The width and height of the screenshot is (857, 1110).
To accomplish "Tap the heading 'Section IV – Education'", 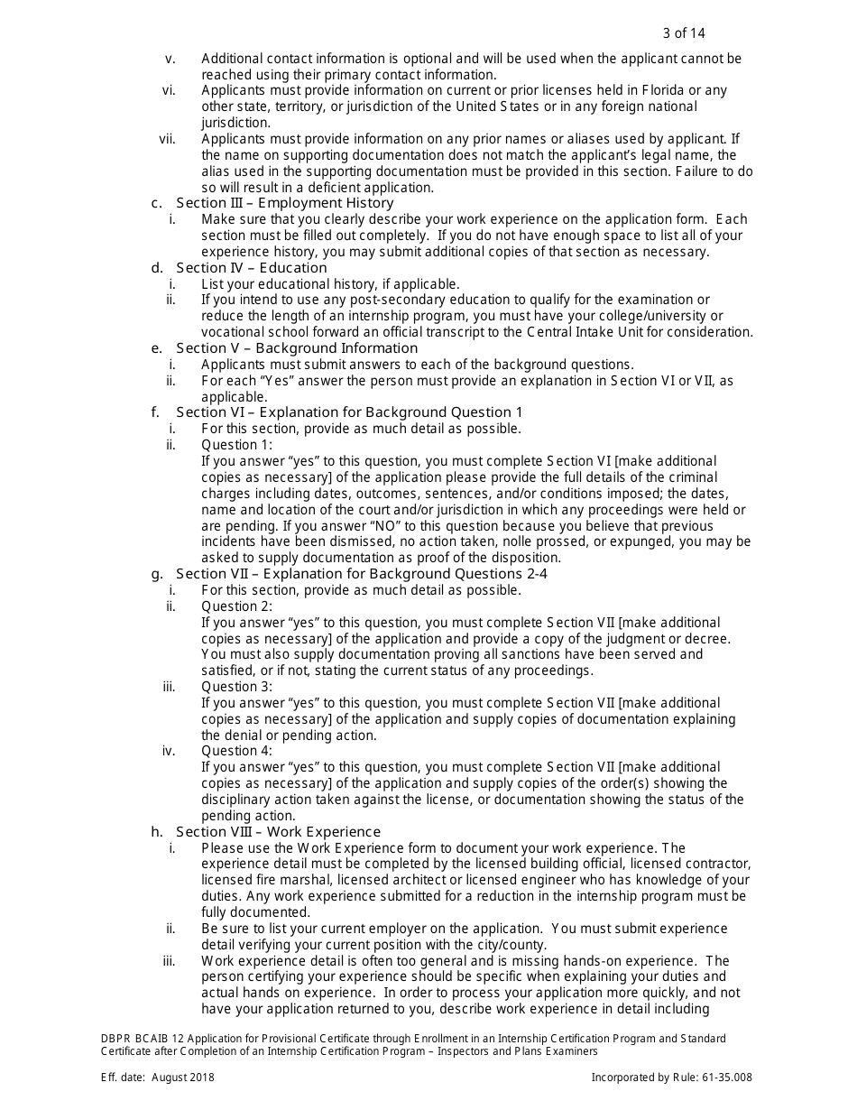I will click(252, 268).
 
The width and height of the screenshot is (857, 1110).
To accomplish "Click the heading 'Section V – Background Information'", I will click(297, 348).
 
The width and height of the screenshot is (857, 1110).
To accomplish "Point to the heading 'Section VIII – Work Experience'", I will click(279, 832).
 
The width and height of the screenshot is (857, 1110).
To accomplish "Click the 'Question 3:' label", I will click(236, 687).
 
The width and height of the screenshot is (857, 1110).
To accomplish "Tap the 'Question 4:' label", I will click(236, 751).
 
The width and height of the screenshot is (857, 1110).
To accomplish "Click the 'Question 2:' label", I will click(236, 606).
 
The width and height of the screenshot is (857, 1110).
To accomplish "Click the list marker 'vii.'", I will click(167, 139).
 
